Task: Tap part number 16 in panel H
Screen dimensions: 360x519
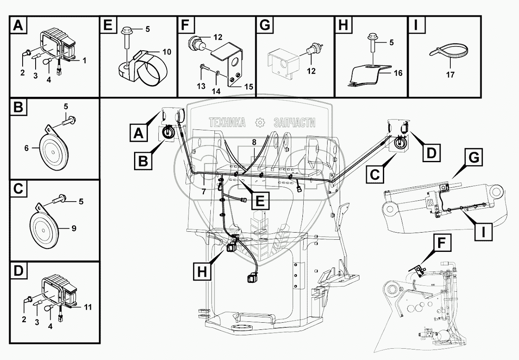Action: coord(398,73)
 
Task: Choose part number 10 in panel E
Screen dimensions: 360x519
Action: coord(155,52)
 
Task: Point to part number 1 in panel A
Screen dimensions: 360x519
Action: coord(84,60)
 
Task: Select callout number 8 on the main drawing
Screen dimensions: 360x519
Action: coord(253,142)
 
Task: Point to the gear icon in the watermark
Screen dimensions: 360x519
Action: coord(261,122)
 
